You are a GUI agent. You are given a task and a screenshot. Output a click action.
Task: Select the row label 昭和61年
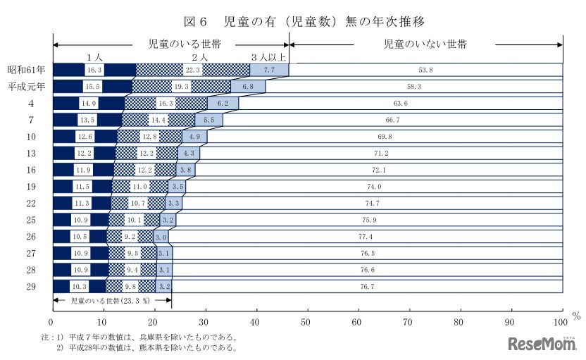tap(26, 70)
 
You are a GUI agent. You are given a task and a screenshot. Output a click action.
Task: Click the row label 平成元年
tap(26, 87)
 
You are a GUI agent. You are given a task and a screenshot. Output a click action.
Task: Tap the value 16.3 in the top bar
tap(94, 70)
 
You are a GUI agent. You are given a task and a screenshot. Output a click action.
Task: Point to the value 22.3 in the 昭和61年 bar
tap(192, 70)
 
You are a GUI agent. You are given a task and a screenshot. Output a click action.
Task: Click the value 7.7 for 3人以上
tap(268, 70)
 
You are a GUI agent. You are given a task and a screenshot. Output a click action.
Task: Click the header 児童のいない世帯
tap(425, 44)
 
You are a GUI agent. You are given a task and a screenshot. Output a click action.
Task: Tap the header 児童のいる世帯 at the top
tap(173, 44)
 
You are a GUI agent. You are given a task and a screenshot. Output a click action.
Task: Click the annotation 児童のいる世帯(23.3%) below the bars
tap(111, 299)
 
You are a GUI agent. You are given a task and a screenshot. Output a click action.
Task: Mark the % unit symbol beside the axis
tap(576, 316)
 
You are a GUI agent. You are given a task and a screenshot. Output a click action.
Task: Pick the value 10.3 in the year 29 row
tap(80, 287)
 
